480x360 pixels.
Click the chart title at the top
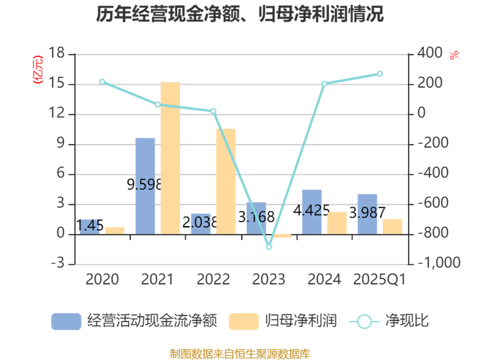click(x=240, y=14)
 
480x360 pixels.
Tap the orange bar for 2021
click(x=170, y=158)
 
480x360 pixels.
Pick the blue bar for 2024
click(x=312, y=212)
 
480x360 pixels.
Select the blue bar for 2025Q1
click(x=367, y=215)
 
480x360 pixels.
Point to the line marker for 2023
click(x=269, y=247)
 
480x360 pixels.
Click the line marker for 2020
click(x=102, y=82)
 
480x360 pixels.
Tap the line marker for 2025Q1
click(x=380, y=73)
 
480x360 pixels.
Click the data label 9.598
click(x=145, y=184)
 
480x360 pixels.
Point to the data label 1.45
click(x=90, y=225)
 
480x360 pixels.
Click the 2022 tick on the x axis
click(x=213, y=279)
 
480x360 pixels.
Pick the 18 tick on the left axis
click(x=57, y=54)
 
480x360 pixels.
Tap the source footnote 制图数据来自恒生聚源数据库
click(x=240, y=352)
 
